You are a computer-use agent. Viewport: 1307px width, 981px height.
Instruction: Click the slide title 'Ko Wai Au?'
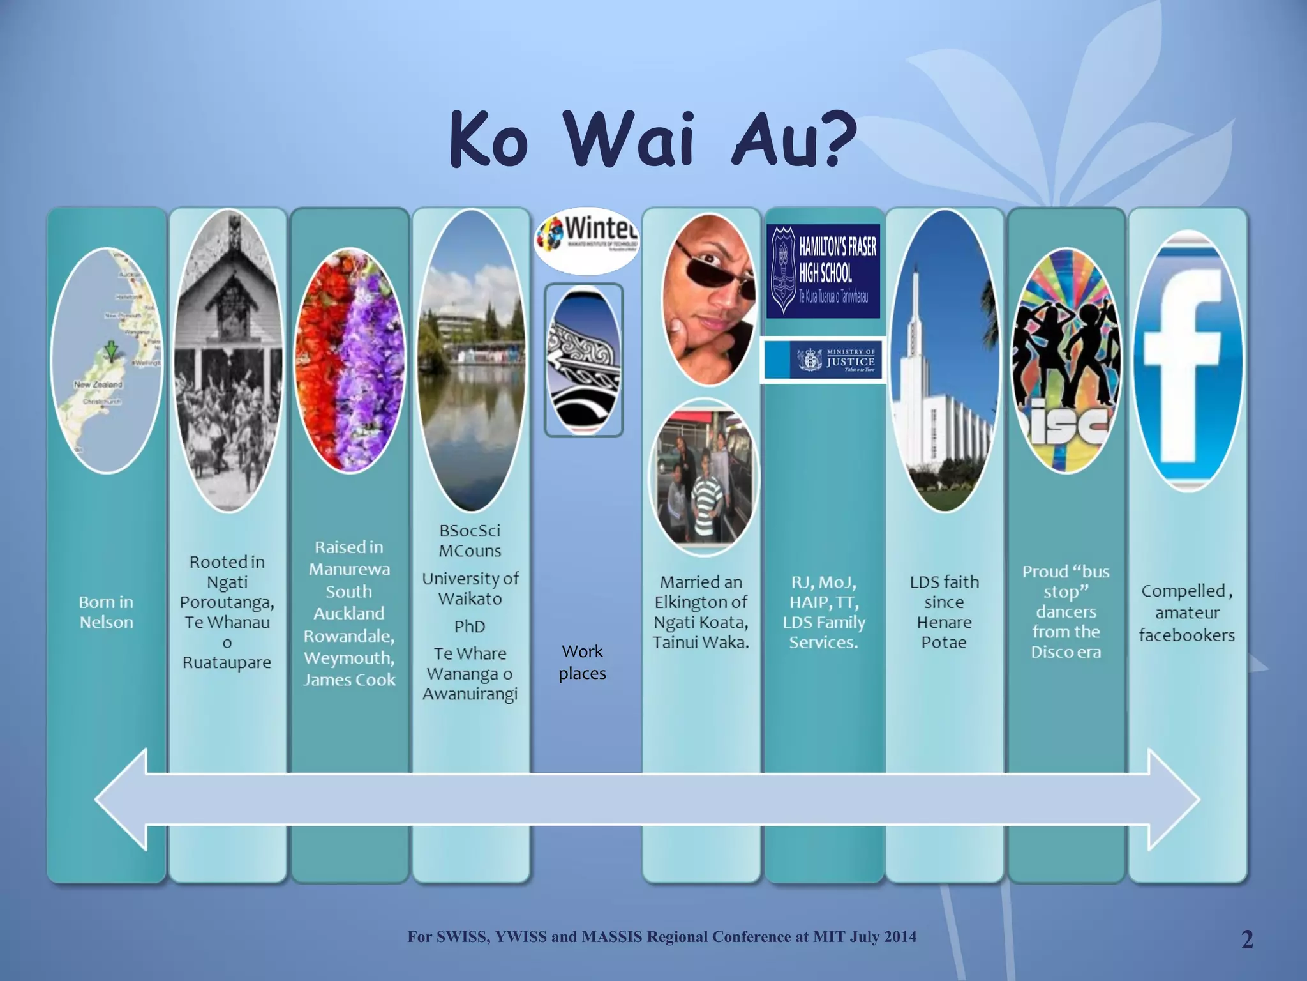coord(652,139)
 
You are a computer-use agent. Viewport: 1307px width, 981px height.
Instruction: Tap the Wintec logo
coord(587,240)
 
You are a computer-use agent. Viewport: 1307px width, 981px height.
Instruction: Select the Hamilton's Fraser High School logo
coord(823,271)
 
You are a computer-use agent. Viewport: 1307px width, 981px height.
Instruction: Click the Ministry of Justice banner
coord(823,360)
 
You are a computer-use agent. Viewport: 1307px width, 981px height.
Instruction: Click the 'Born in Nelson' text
coord(106,612)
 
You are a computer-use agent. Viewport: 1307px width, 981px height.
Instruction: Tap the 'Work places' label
coord(582,662)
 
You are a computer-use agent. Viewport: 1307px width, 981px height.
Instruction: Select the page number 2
coord(1247,939)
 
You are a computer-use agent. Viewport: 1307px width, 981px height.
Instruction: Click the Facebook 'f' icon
coord(1186,361)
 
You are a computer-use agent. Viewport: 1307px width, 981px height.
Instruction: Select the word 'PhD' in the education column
coord(470,627)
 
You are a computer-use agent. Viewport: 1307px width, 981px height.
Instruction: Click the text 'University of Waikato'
coord(470,588)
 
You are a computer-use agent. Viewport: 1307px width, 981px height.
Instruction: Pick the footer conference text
coord(662,937)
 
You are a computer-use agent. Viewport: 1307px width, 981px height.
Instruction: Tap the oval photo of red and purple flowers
coord(349,361)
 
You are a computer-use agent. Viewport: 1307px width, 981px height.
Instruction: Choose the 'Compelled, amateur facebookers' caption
coord(1186,612)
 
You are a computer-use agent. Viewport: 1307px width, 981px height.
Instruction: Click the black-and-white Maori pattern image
coord(583,361)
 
